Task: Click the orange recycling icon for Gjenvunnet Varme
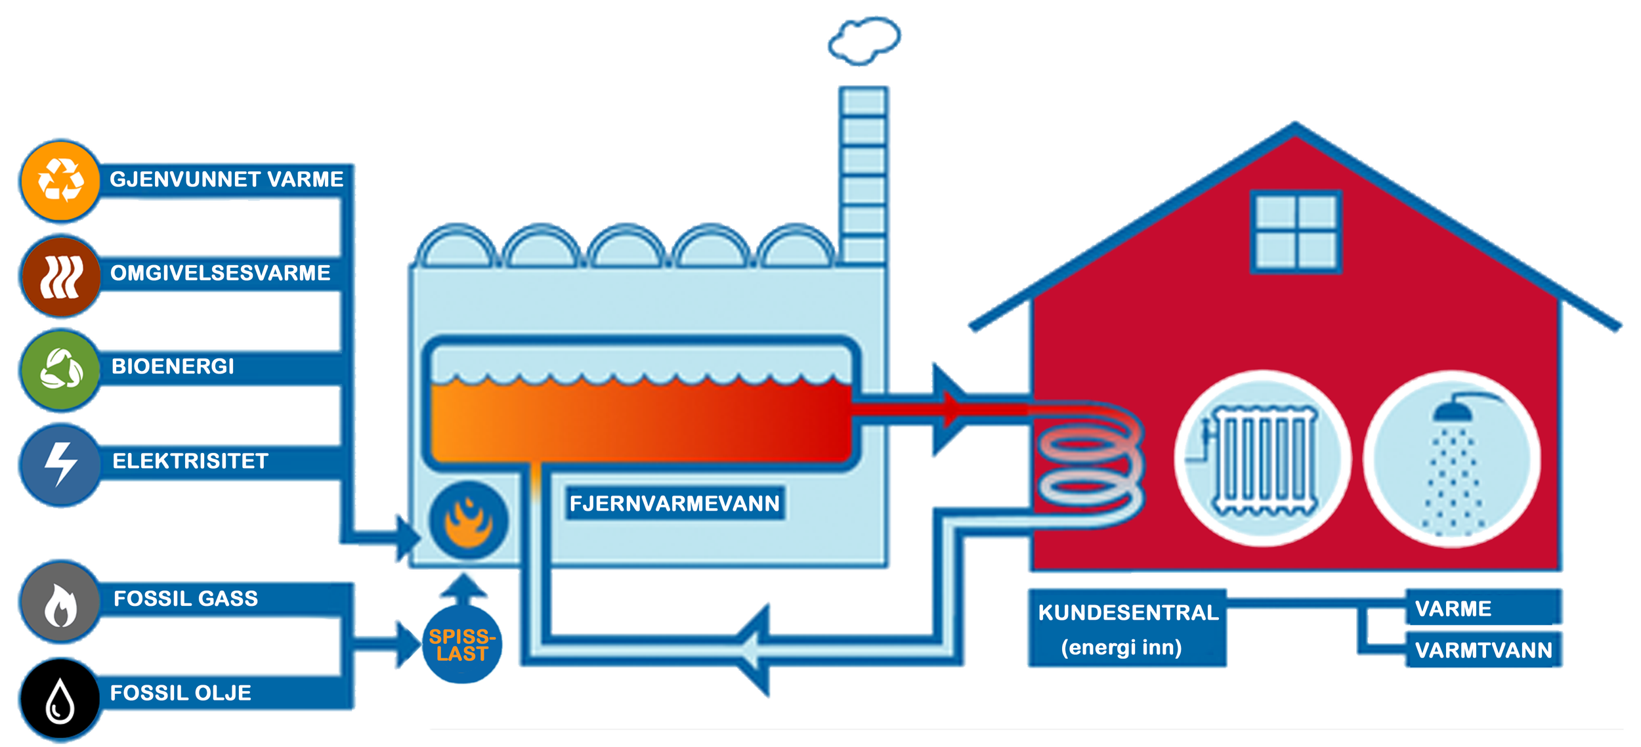click(x=60, y=181)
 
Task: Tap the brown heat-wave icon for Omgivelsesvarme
click(x=60, y=276)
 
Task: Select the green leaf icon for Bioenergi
click(x=60, y=370)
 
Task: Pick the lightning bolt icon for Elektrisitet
click(x=60, y=464)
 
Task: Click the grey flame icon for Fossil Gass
click(x=60, y=601)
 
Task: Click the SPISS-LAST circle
click(x=462, y=644)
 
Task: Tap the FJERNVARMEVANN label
click(x=675, y=503)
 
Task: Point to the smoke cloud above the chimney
click(x=864, y=41)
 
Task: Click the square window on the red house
click(x=1296, y=232)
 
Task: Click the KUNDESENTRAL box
click(x=1127, y=628)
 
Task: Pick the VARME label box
click(x=1483, y=607)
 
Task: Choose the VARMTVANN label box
click(x=1483, y=650)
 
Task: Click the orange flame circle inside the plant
click(x=469, y=520)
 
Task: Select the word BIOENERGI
click(x=173, y=366)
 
